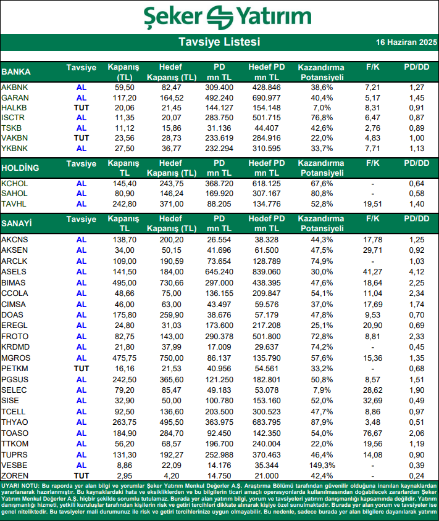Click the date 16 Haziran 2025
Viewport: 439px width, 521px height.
pos(406,43)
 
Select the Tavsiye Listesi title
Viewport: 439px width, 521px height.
pos(219,42)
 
